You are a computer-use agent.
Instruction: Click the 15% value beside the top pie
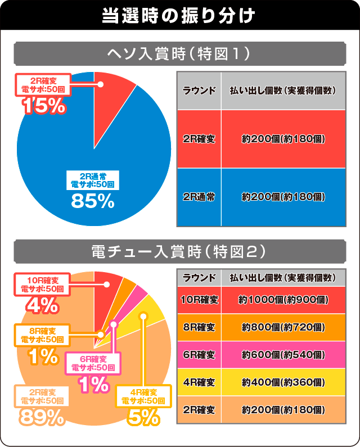point(43,105)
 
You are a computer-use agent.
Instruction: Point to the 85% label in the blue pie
point(93,200)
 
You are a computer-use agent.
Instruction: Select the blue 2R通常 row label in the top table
point(199,197)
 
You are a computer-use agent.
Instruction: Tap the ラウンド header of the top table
point(199,90)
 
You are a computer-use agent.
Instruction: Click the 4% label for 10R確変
point(42,305)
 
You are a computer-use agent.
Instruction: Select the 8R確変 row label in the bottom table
point(199,327)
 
